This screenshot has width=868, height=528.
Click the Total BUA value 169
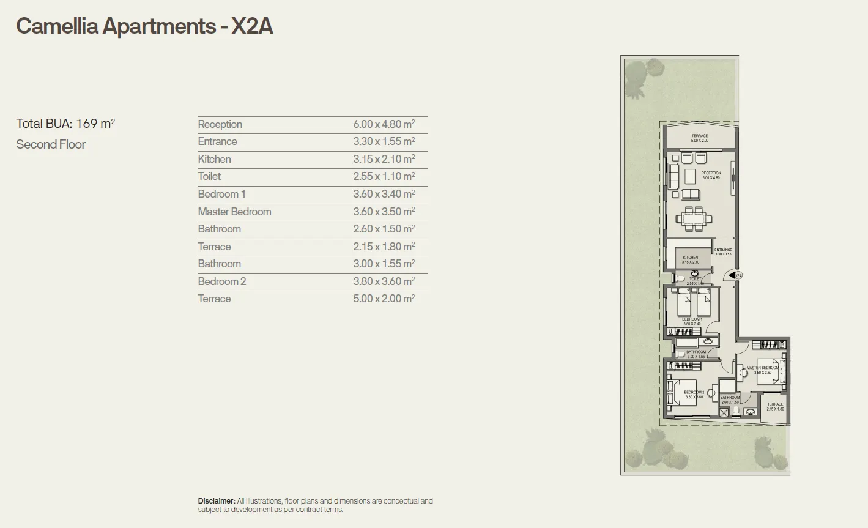coord(86,124)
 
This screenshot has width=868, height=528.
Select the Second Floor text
coord(51,144)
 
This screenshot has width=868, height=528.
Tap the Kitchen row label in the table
coord(214,159)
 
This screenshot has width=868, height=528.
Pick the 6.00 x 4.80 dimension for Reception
coord(384,124)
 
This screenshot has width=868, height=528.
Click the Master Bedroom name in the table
coord(234,212)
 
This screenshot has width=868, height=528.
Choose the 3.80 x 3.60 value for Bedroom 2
coord(384,281)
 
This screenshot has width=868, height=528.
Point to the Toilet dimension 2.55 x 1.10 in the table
coord(384,176)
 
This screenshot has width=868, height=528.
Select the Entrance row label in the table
coord(217,141)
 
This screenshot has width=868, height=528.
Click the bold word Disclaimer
coord(216,501)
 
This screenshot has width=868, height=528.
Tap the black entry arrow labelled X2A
coord(732,275)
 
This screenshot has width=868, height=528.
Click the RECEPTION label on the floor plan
coord(711,173)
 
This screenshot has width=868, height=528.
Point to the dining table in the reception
coord(694,218)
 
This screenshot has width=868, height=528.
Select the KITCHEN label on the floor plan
coord(690,258)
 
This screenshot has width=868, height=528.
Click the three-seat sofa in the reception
coord(673,176)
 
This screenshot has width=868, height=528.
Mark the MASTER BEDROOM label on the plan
coord(762,368)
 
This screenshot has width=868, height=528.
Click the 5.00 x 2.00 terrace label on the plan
coord(699,138)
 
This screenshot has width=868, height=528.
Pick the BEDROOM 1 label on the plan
coord(692,319)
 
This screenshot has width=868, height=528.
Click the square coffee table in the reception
coord(690,176)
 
